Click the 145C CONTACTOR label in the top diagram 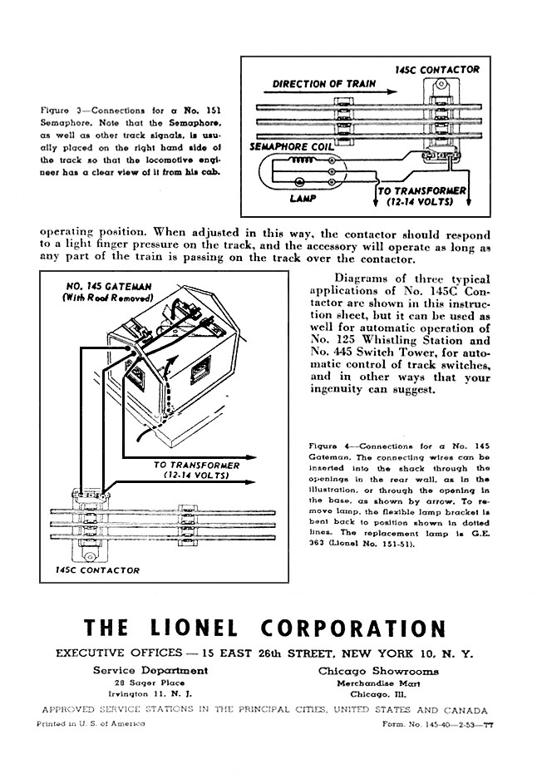(437, 71)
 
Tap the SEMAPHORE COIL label (291, 146)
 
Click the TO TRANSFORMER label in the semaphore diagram (423, 196)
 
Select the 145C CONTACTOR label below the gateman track (97, 570)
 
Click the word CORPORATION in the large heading (352, 629)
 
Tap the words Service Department (150, 670)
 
